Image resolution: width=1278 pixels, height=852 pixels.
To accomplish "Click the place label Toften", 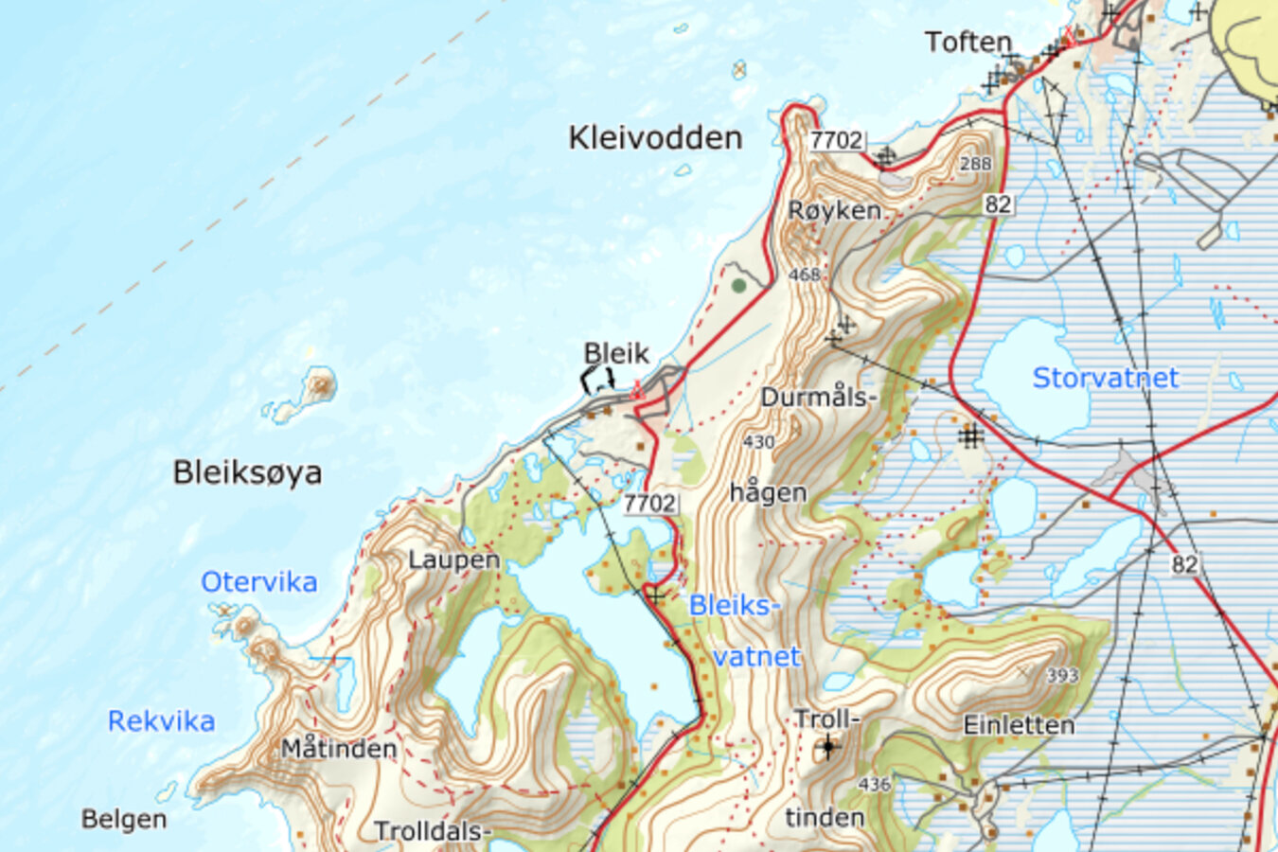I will coord(967,43).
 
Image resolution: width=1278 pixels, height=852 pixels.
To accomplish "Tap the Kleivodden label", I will coord(655,138).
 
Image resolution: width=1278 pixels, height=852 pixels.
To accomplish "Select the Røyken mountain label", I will coord(834,211).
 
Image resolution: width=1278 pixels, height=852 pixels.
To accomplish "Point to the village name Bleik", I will coord(616,354).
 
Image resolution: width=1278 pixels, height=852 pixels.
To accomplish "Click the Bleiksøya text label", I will coord(247,472).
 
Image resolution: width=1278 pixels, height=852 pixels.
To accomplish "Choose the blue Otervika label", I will coord(258,582).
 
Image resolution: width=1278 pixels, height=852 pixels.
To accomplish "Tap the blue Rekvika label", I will coord(161,721).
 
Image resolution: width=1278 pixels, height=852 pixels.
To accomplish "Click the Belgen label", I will coord(124,819).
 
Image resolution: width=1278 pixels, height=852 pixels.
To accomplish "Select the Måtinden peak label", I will coord(339,749).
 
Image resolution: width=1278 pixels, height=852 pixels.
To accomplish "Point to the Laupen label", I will coord(453,560).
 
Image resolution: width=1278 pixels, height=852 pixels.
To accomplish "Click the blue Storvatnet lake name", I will coord(1105,378).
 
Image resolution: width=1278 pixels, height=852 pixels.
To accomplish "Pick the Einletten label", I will coord(1019,725).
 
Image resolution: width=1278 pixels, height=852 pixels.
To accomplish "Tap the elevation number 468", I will coord(804,275).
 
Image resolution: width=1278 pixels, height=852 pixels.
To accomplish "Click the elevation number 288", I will coord(975,164).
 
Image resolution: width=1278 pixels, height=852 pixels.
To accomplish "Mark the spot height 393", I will coord(1062,676).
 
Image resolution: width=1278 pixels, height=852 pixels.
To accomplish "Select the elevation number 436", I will coord(874,784).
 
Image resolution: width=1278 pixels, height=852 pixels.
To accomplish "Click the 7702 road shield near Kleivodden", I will coord(836,140).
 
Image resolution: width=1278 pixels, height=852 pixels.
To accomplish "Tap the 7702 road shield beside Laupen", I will coord(649,504).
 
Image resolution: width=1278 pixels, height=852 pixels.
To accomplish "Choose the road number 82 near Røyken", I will coord(997,204).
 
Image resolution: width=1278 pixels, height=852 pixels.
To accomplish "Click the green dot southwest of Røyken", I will coord(738,285).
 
